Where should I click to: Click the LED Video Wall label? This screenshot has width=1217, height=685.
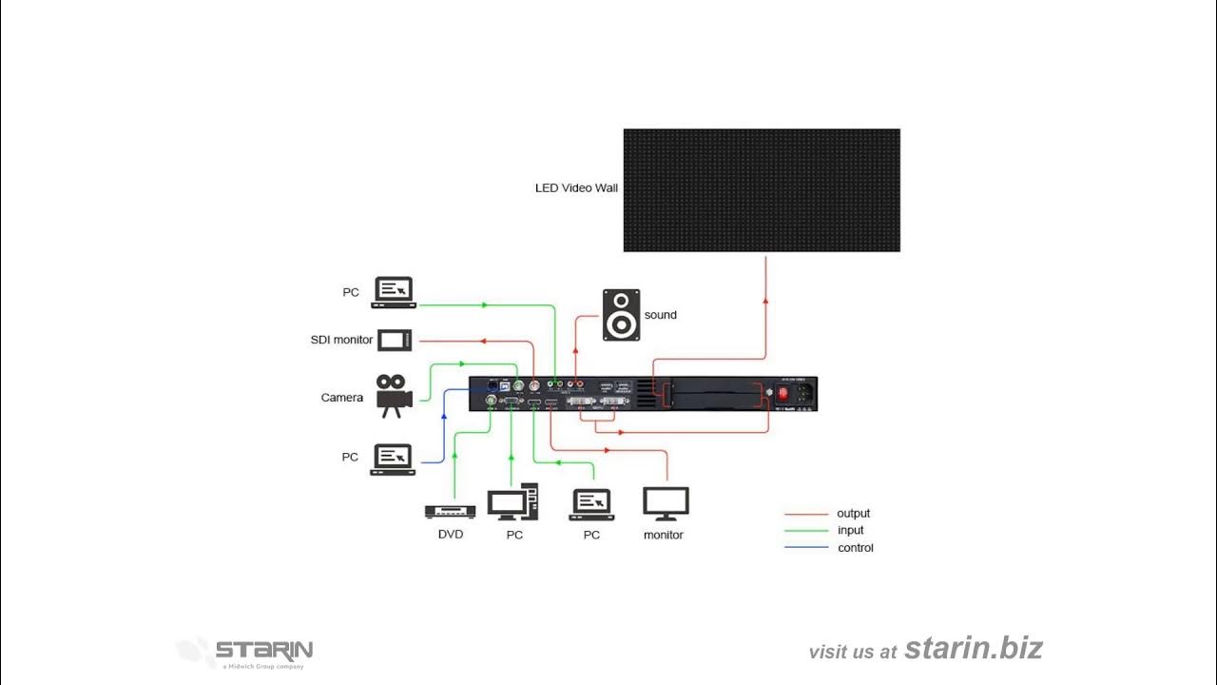coord(576,188)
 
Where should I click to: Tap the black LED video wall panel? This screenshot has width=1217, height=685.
coord(761,190)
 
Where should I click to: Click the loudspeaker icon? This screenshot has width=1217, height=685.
coord(621,315)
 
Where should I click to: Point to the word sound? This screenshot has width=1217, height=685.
coord(661,315)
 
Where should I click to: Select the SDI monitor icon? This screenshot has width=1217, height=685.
coord(395,340)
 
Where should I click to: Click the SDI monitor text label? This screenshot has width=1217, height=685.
coord(341,340)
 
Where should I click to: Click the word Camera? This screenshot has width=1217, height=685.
coord(342,398)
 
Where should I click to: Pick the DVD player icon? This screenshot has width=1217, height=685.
coord(450,512)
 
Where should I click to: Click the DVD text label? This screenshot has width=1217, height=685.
coord(451,535)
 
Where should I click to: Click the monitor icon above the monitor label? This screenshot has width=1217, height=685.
coord(666,503)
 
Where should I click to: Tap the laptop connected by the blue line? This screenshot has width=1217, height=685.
coord(393,460)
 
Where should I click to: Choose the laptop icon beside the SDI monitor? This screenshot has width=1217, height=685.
coord(394,291)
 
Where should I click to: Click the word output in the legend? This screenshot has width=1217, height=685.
coord(853,514)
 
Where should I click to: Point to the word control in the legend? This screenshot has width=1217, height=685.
coord(855,548)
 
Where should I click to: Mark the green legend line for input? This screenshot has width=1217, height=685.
coord(805,531)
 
